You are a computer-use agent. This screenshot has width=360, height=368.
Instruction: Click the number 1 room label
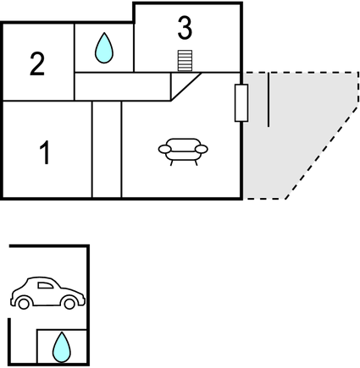click(45, 152)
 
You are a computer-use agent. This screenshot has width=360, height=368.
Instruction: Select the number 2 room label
click(37, 64)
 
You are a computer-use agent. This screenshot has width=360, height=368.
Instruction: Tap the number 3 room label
click(185, 28)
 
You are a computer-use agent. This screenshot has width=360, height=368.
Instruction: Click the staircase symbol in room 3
click(185, 61)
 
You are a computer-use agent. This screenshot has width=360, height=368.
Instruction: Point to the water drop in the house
click(104, 48)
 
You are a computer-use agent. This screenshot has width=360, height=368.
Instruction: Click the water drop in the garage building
click(62, 347)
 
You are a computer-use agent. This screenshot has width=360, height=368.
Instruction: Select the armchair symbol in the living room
click(183, 151)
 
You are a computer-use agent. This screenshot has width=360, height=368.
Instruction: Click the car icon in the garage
click(47, 293)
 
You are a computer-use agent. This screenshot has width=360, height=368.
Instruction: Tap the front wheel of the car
click(69, 304)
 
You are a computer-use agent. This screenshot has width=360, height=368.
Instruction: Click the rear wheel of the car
click(24, 304)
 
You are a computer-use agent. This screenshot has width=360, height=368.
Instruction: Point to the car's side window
click(46, 285)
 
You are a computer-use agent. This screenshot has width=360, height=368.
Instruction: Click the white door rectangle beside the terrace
click(241, 103)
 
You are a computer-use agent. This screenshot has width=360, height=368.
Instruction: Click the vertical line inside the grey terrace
click(269, 100)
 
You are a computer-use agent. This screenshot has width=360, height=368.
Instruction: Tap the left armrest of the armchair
click(165, 149)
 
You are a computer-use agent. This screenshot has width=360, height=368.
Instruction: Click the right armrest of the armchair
click(202, 149)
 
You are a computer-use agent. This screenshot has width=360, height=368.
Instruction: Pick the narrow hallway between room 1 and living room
click(107, 150)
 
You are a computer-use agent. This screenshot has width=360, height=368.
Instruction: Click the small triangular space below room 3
click(180, 82)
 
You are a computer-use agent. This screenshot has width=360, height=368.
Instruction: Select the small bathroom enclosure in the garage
click(62, 346)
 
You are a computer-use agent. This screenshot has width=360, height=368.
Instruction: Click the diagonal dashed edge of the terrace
click(322, 152)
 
